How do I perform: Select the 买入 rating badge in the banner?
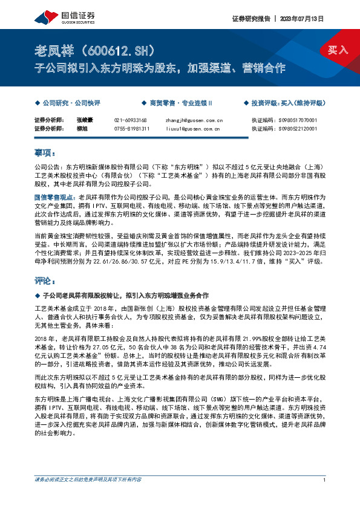pos(338,50)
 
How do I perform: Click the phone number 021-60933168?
pos(131,121)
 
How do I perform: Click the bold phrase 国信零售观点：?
pos(56,198)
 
